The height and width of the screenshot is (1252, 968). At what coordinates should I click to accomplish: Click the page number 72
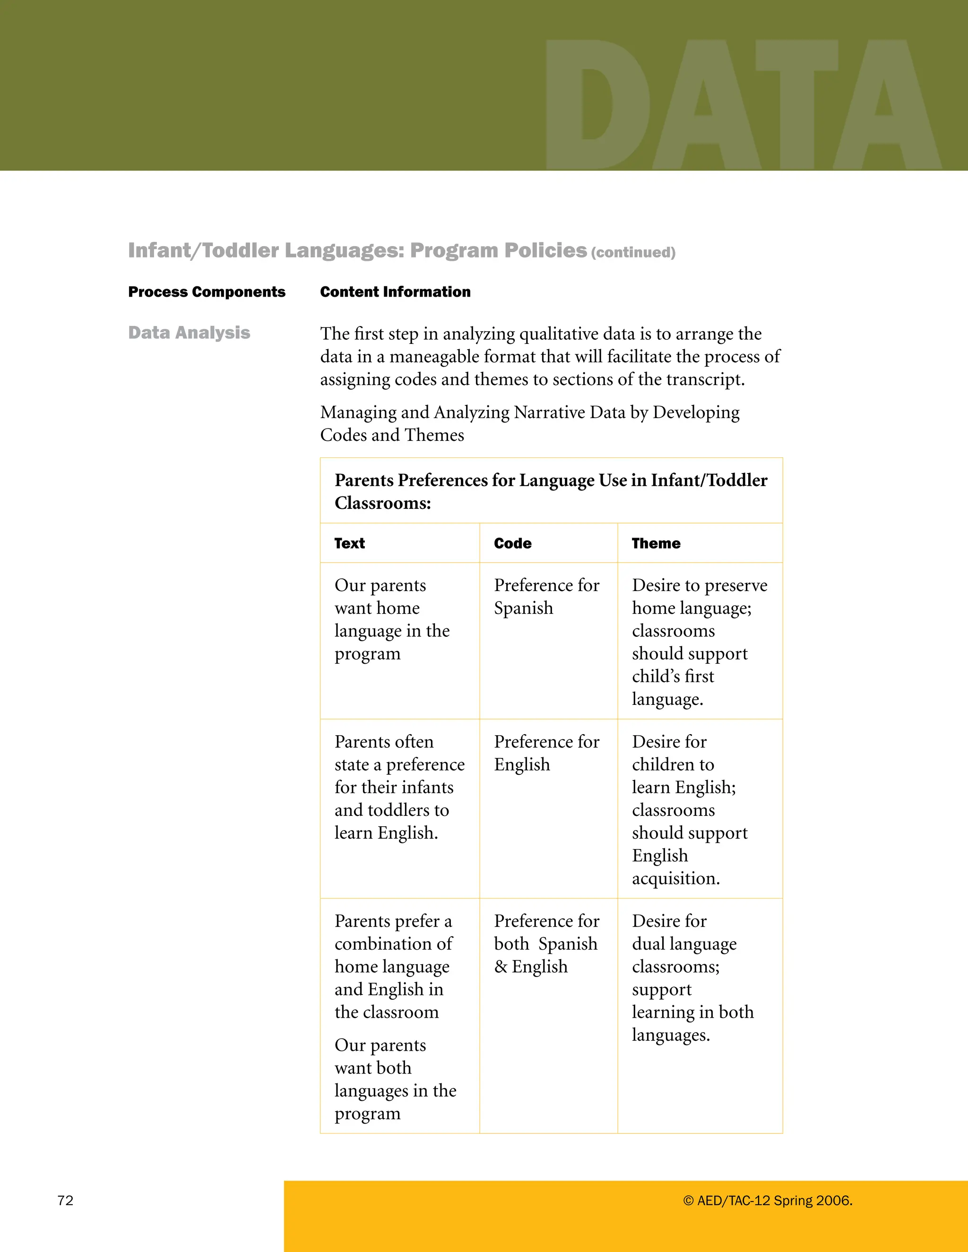point(65,1201)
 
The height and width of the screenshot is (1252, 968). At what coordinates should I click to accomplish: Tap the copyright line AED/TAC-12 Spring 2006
point(767,1201)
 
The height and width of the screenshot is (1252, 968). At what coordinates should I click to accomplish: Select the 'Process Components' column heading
point(207,292)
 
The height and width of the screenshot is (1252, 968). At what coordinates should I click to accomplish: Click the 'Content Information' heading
point(395,292)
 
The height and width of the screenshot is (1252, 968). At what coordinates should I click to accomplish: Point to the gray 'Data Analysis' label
point(189,333)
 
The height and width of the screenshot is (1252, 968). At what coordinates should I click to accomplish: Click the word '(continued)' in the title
point(633,252)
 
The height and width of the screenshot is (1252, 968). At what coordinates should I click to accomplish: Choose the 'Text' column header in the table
point(350,543)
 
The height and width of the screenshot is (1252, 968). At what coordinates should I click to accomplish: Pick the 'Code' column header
point(513,543)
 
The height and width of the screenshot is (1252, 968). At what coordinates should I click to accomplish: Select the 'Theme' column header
point(656,543)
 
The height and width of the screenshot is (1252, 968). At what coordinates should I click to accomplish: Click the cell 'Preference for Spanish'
point(546,596)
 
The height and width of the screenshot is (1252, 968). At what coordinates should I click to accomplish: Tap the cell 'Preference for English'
point(546,753)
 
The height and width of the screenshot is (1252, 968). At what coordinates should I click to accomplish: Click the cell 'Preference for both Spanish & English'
point(546,943)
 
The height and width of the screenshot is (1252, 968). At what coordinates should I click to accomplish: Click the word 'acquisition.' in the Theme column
point(675,878)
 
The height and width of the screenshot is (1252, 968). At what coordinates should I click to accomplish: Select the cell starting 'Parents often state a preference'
point(399,787)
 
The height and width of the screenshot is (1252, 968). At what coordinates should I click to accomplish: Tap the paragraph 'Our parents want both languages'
point(395,1079)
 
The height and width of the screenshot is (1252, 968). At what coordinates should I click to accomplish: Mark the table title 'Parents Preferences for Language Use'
point(551,491)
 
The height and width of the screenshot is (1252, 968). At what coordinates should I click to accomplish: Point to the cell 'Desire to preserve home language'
point(699,642)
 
